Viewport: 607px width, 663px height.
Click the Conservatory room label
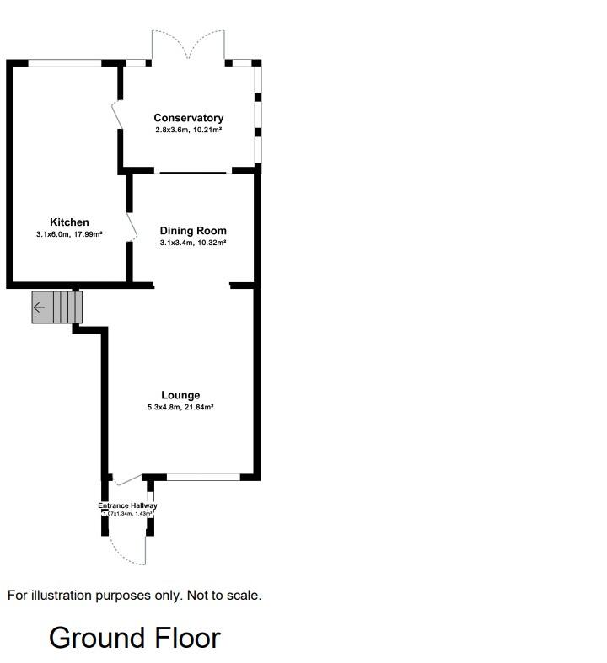(x=188, y=118)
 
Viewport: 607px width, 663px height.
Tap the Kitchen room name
(x=69, y=222)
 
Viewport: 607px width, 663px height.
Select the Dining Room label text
(x=193, y=231)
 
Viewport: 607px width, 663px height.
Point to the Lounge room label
(x=180, y=395)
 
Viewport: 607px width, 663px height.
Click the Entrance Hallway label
(x=127, y=505)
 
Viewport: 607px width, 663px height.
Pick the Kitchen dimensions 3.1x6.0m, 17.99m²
(x=69, y=234)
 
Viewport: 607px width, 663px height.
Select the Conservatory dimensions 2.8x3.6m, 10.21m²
(x=188, y=130)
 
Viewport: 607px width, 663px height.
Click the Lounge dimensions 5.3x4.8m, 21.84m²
(x=180, y=407)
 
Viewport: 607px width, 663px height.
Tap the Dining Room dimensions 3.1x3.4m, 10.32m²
(x=193, y=243)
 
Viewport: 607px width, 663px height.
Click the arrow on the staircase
(x=39, y=307)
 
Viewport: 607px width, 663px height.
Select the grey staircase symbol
(x=58, y=307)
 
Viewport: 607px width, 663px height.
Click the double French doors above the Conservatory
(x=188, y=46)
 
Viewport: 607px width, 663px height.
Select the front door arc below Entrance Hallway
(x=126, y=552)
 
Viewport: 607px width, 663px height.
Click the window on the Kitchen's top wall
(x=66, y=62)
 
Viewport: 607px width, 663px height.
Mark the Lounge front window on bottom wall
(x=203, y=478)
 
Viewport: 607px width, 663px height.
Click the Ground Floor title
(x=135, y=638)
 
